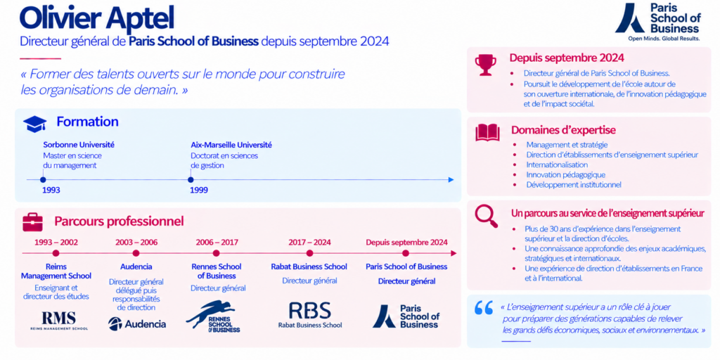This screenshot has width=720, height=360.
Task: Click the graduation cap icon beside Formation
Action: pyautogui.click(x=35, y=124)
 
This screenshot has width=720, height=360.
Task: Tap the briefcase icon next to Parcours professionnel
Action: pyautogui.click(x=32, y=222)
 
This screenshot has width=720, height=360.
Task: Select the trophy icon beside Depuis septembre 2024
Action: pyautogui.click(x=486, y=65)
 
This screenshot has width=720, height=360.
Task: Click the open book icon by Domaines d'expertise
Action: pyautogui.click(x=487, y=132)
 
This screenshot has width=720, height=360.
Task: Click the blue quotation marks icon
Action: pyautogui.click(x=483, y=308)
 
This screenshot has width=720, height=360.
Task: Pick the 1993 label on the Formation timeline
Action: pyautogui.click(x=51, y=190)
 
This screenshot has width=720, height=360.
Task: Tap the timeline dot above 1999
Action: pyautogui.click(x=191, y=180)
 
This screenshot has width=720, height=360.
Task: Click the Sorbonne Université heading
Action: pyautogui.click(x=79, y=145)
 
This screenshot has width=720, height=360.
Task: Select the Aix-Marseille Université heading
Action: pyautogui.click(x=231, y=145)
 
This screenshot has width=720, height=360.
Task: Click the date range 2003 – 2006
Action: pyautogui.click(x=136, y=243)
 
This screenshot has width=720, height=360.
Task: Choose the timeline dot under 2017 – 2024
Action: pyautogui.click(x=309, y=253)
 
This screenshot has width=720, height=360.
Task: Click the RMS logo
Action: pyautogui.click(x=59, y=321)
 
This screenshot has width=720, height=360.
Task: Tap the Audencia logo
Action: pyautogui.click(x=137, y=323)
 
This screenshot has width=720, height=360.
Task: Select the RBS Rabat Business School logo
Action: pyautogui.click(x=310, y=314)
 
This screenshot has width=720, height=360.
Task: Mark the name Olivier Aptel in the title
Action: pyautogui.click(x=97, y=18)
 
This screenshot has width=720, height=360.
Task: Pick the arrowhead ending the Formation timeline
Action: pyautogui.click(x=451, y=180)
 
